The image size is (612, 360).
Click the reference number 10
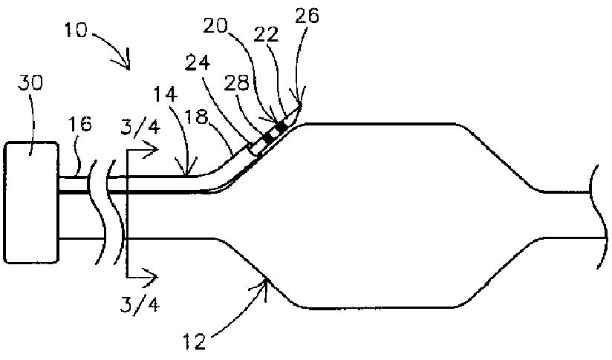tap(75, 32)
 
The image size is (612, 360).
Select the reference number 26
tap(307, 16)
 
